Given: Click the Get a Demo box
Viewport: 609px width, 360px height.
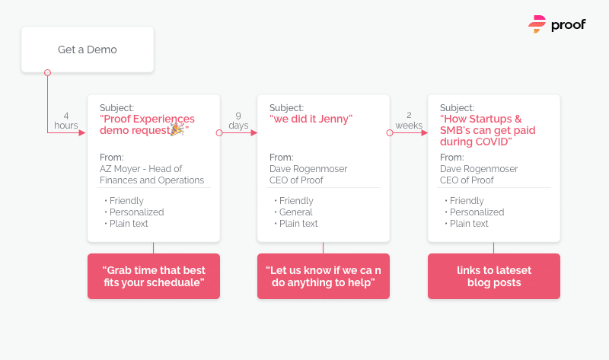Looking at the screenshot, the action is pyautogui.click(x=88, y=49).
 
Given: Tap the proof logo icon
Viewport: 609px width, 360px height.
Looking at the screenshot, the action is pyautogui.click(x=537, y=24).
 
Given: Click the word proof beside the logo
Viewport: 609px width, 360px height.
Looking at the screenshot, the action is pyautogui.click(x=568, y=25).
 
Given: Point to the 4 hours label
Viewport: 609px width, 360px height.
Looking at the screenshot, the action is pyautogui.click(x=66, y=120).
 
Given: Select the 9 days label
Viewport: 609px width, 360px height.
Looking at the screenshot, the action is pyautogui.click(x=238, y=120).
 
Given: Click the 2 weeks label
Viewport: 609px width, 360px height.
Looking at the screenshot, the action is pyautogui.click(x=409, y=120).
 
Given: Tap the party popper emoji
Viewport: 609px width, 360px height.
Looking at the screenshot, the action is pyautogui.click(x=177, y=129).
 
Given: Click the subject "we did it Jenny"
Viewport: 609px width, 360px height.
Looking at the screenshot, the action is pyautogui.click(x=311, y=119).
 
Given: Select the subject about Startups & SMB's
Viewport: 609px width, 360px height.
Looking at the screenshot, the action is pyautogui.click(x=487, y=130).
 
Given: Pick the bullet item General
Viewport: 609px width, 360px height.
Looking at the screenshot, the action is pyautogui.click(x=295, y=212).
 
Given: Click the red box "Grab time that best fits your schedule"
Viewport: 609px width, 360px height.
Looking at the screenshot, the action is pyautogui.click(x=154, y=276).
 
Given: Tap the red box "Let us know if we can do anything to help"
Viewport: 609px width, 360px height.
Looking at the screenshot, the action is pyautogui.click(x=324, y=276).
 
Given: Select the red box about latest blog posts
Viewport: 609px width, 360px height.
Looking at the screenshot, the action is pyautogui.click(x=494, y=276).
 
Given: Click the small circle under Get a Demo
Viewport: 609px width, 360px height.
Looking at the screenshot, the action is pyautogui.click(x=47, y=72).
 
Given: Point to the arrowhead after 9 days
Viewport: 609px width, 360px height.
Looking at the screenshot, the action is pyautogui.click(x=254, y=133).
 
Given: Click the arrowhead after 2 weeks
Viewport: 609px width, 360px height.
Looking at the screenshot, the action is pyautogui.click(x=425, y=133).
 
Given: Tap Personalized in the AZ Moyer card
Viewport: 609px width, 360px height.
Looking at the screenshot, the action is pyautogui.click(x=137, y=212).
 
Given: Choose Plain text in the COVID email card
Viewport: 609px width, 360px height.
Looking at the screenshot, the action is pyautogui.click(x=469, y=223).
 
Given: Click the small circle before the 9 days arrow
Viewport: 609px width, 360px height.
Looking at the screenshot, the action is pyautogui.click(x=219, y=133).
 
